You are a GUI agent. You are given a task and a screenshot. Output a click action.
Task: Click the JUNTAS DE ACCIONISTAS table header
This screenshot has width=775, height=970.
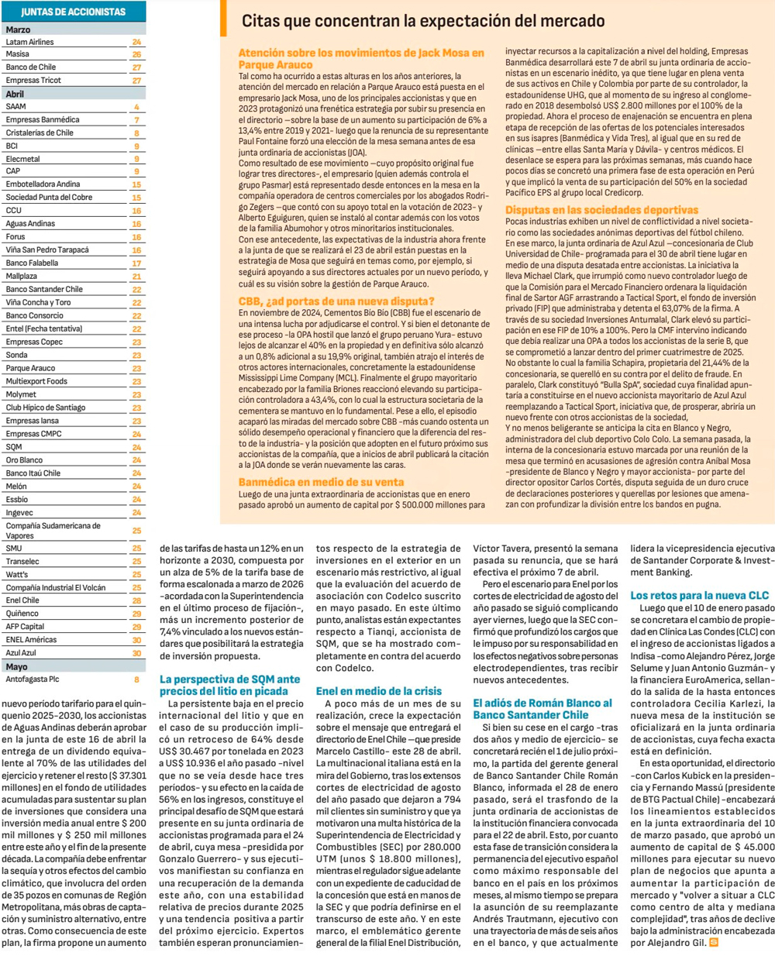73,12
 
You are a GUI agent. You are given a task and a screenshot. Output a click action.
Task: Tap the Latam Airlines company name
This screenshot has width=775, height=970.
29,42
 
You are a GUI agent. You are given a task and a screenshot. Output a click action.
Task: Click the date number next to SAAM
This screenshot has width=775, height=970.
137,107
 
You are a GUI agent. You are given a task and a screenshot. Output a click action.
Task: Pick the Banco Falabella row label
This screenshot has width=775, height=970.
32,263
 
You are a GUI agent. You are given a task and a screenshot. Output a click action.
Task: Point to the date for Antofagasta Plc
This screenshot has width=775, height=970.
137,679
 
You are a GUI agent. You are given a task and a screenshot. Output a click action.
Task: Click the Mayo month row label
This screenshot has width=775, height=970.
16,666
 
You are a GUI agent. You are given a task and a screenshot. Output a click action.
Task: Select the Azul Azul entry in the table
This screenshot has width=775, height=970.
21,653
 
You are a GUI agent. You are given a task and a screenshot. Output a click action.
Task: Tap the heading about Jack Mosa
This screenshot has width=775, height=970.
361,59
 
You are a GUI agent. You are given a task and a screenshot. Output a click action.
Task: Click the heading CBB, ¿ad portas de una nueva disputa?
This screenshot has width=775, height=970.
336,301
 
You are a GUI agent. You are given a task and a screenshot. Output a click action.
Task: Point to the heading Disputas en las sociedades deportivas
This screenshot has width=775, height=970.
601,210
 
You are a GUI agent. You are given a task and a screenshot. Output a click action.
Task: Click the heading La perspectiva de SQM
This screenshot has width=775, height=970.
229,685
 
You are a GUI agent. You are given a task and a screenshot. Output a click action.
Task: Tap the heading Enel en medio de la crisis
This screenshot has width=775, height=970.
379,690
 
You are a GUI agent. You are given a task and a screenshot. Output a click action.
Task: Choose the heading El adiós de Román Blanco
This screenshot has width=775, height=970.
542,709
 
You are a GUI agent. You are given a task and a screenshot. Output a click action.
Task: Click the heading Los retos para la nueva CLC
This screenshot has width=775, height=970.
699,595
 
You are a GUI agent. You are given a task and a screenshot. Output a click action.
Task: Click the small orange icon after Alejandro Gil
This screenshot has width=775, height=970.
714,943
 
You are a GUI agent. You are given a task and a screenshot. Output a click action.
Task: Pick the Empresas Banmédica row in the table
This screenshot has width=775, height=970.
43,120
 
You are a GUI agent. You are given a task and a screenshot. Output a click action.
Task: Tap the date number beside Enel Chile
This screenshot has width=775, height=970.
137,600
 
